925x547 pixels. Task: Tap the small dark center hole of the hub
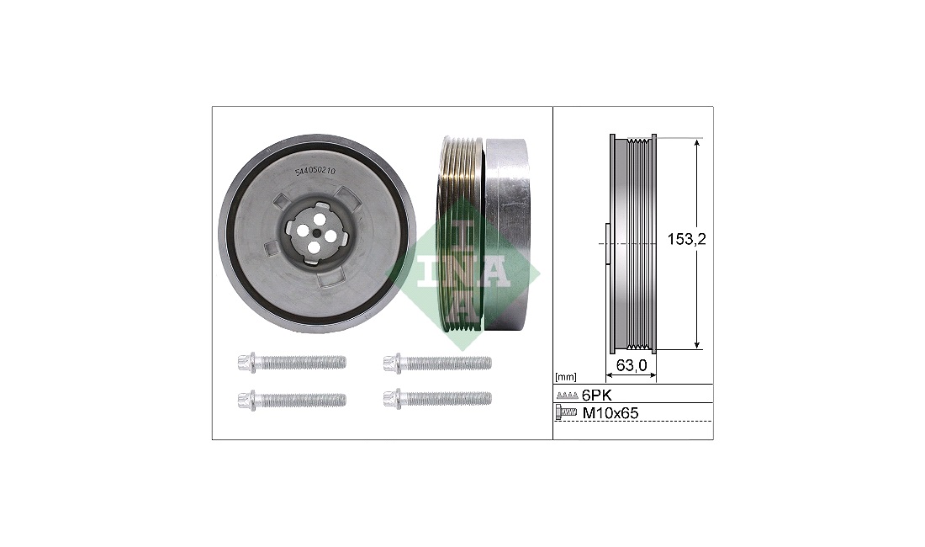[317, 232]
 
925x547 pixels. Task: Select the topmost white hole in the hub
[320, 219]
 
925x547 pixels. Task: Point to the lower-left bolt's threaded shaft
[301, 400]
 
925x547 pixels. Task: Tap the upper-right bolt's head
[393, 363]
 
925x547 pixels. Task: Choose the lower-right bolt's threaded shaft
[447, 399]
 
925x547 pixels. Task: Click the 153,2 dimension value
[687, 239]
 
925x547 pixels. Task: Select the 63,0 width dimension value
[632, 366]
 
